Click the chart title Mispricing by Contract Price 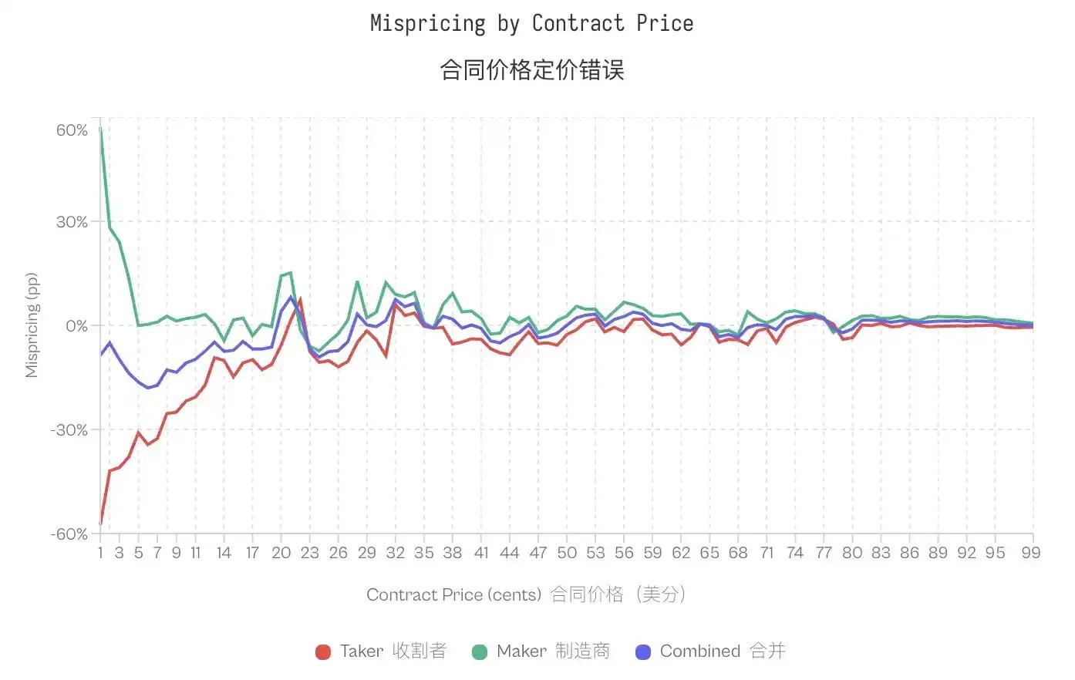click(531, 24)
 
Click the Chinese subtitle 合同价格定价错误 click(531, 70)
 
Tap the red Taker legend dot click(323, 652)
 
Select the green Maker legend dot click(479, 652)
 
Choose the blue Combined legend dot click(642, 652)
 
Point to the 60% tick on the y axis click(72, 130)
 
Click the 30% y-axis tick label click(72, 222)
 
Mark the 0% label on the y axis click(76, 326)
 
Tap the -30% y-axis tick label click(69, 430)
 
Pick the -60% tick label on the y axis click(69, 534)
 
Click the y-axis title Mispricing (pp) click(32, 325)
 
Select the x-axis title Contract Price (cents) click(453, 594)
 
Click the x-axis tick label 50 click(567, 553)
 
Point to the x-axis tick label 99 click(1031, 553)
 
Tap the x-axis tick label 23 click(309, 553)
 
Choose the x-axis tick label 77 click(824, 553)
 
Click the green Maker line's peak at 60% click(101, 129)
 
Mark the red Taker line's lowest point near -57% click(101, 524)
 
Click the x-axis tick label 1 click(100, 553)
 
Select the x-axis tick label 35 click(423, 553)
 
